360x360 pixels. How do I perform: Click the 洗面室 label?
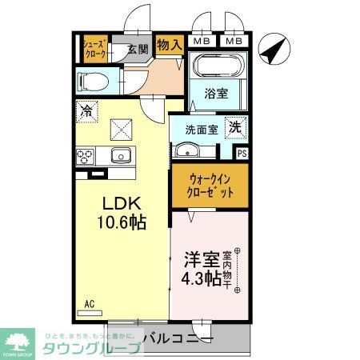click(x=202, y=129)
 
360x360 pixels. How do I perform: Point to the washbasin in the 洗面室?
click(x=186, y=149)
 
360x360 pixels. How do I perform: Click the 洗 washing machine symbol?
click(x=236, y=126)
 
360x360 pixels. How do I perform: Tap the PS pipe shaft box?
click(x=242, y=154)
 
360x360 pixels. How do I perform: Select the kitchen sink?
click(x=121, y=155)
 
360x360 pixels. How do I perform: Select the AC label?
click(x=90, y=304)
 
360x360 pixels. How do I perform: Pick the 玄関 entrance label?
click(x=138, y=49)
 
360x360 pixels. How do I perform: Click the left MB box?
click(x=202, y=41)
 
